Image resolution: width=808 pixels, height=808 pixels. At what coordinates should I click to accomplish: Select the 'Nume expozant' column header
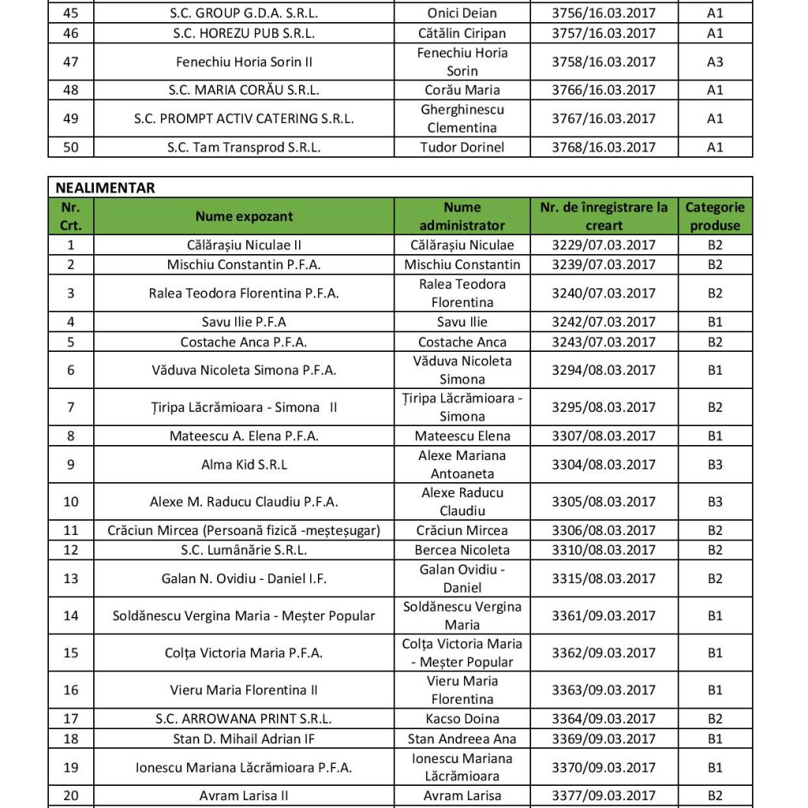[244, 216]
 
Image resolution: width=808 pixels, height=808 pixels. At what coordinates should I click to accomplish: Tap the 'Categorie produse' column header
[715, 216]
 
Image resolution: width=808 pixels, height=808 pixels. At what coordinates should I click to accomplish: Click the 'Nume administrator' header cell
[462, 216]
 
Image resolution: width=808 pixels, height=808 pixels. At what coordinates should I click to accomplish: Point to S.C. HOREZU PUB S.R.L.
[244, 33]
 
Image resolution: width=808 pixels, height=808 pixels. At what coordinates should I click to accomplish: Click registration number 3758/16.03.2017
[604, 62]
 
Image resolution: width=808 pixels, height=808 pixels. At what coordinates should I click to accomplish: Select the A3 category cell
[715, 62]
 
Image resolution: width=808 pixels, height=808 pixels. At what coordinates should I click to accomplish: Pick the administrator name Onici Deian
[462, 13]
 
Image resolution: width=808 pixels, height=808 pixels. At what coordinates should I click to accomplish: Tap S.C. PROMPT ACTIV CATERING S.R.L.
[244, 118]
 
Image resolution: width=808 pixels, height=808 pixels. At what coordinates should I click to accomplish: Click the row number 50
[71, 147]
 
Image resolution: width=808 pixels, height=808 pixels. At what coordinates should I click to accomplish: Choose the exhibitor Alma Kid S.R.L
[244, 465]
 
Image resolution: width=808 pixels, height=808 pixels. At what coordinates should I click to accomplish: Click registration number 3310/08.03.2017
[604, 550]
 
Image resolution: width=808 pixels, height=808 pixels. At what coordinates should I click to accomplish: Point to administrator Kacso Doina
[462, 719]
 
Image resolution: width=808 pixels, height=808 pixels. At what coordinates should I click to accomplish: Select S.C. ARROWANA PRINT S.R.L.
[244, 719]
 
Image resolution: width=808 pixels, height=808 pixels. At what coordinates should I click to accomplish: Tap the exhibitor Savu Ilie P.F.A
[244, 322]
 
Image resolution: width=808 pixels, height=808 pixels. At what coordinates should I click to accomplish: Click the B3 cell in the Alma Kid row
[715, 465]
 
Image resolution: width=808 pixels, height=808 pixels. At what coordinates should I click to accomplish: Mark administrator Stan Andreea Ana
[462, 739]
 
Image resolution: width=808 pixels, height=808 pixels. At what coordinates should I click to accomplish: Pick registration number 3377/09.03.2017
[604, 795]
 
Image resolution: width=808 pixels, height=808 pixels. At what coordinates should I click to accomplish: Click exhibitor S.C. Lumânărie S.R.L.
[244, 550]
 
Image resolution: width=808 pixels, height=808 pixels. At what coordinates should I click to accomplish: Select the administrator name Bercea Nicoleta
[462, 550]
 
